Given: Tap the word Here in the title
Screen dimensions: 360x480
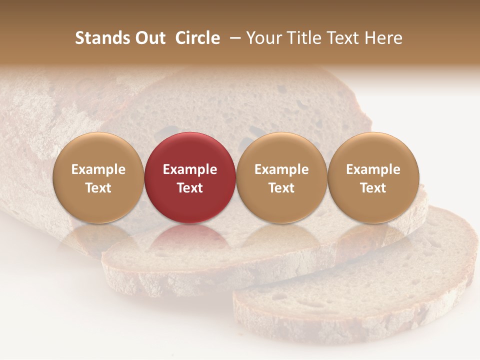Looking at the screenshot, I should [383, 38].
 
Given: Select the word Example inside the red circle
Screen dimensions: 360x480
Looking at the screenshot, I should [190, 169].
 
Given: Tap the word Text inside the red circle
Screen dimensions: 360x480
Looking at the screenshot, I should [190, 188].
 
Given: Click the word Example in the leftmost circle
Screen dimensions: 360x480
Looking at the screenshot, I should [98, 169].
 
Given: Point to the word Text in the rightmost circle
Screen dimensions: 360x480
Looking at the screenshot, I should [373, 188].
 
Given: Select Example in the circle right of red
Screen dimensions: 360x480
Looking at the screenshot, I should [281, 169].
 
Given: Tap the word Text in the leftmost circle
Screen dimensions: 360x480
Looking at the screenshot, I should [98, 188].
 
